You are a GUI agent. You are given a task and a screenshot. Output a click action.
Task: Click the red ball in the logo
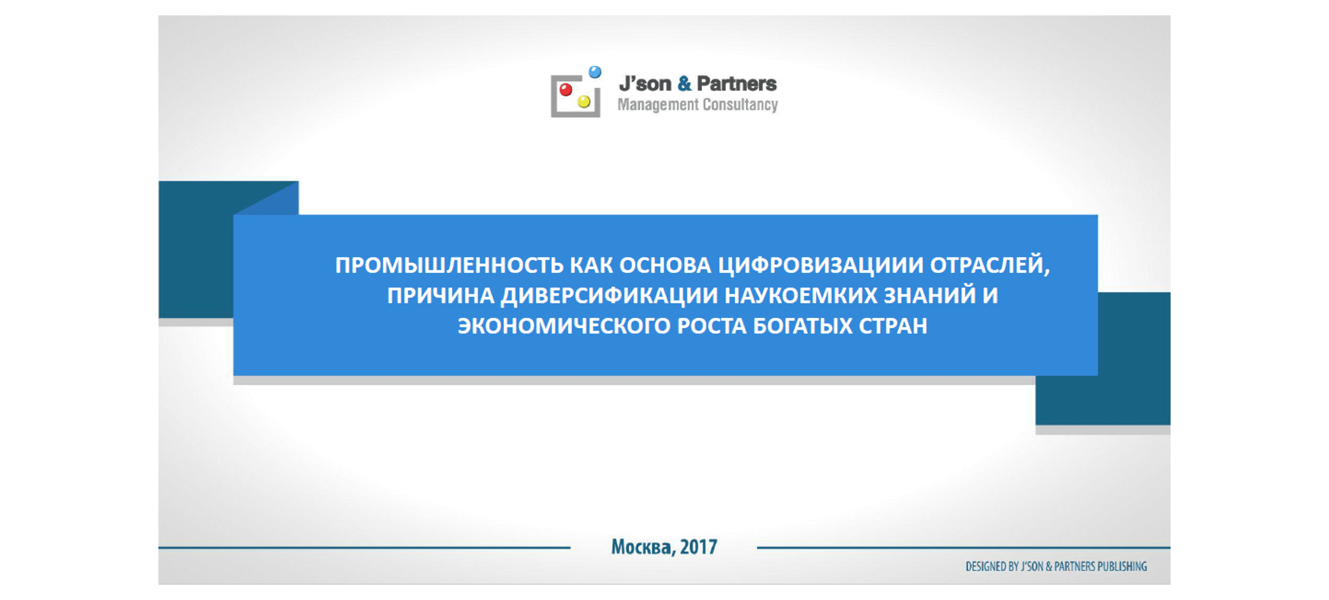[566, 90]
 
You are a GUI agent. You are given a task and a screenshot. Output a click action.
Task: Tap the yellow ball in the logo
[584, 102]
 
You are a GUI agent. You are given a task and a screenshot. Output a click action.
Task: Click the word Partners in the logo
[737, 84]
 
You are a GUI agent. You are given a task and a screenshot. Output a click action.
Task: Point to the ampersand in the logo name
[684, 84]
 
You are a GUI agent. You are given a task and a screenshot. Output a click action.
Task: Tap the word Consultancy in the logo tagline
[740, 105]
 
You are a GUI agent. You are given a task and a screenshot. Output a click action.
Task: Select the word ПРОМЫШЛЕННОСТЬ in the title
[449, 266]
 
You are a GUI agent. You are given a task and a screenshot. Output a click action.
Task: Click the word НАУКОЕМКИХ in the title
[801, 296]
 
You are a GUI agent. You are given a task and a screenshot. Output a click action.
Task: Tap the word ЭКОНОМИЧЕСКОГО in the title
[564, 326]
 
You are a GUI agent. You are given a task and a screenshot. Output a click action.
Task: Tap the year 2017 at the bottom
[699, 547]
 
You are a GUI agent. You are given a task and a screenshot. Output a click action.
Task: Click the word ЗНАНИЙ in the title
[930, 295]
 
